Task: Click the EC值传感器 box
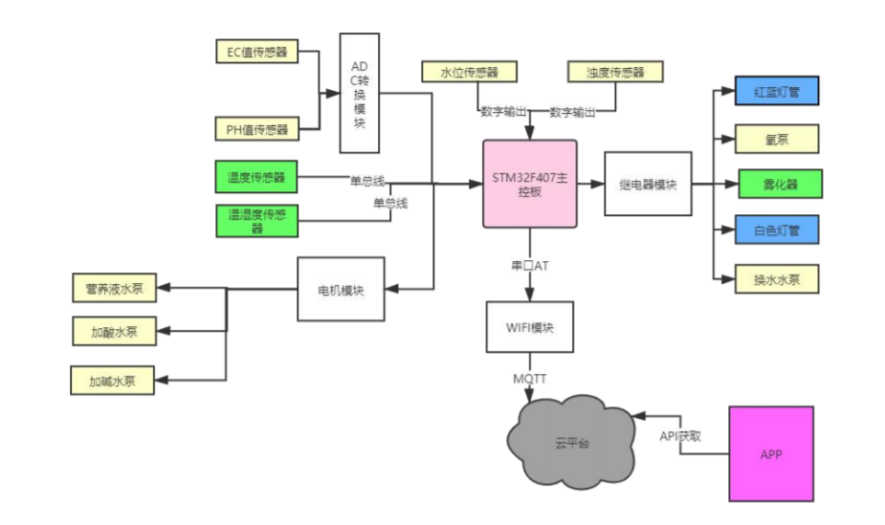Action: click(x=256, y=52)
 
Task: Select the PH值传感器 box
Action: click(x=256, y=129)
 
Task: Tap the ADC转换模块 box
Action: click(x=360, y=93)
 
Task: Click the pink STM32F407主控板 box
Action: click(x=530, y=185)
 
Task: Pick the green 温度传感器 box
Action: click(x=256, y=177)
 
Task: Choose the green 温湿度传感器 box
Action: click(x=256, y=221)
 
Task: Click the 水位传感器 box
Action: click(x=469, y=72)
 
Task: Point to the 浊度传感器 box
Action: click(x=615, y=72)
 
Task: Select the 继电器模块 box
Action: click(x=648, y=184)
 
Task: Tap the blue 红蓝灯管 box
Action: click(x=777, y=91)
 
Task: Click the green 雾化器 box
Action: click(x=781, y=184)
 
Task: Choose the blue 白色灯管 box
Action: click(x=777, y=230)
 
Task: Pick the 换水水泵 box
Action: click(x=777, y=279)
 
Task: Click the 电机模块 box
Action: click(x=341, y=290)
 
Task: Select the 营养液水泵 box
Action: click(x=115, y=288)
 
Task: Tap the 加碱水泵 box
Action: click(x=112, y=381)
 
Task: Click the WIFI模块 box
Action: click(x=530, y=327)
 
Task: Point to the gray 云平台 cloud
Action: click(x=572, y=442)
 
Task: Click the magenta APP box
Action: click(x=771, y=454)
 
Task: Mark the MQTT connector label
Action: click(x=529, y=379)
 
